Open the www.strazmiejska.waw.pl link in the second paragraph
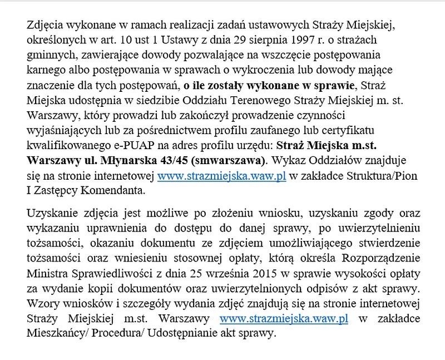coord(284,320)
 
